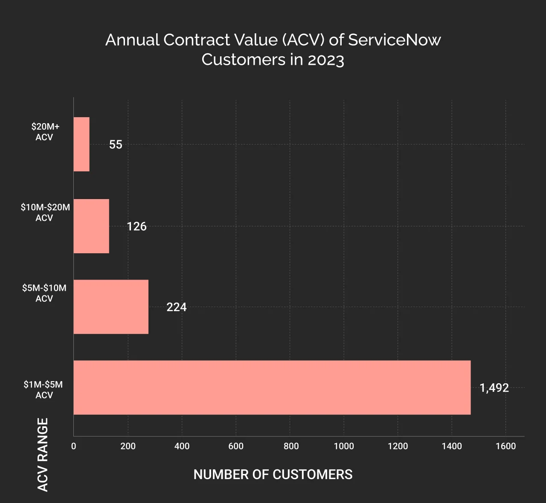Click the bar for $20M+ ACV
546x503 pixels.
click(x=81, y=144)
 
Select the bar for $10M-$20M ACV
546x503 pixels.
click(x=91, y=226)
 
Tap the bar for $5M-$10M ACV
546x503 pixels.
click(x=111, y=306)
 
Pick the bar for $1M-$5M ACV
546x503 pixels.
click(x=272, y=387)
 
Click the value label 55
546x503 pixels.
click(x=116, y=145)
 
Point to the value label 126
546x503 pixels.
click(x=136, y=226)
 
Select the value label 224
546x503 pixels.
click(x=176, y=307)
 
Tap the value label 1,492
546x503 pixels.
click(x=494, y=388)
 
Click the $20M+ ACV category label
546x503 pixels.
click(x=45, y=132)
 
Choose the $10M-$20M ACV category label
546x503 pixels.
click(x=45, y=212)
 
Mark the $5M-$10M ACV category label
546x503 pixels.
click(x=44, y=293)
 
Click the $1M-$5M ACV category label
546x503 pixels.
click(x=44, y=390)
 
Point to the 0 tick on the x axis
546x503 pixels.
click(x=73, y=446)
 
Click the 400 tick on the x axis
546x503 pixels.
click(x=182, y=446)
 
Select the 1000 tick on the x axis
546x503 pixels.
click(x=343, y=446)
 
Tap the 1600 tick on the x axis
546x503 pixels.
click(x=505, y=446)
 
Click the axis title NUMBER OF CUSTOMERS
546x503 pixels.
click(x=273, y=474)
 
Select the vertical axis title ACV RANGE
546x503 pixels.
click(x=43, y=454)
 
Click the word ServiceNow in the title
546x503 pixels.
click(x=394, y=40)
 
